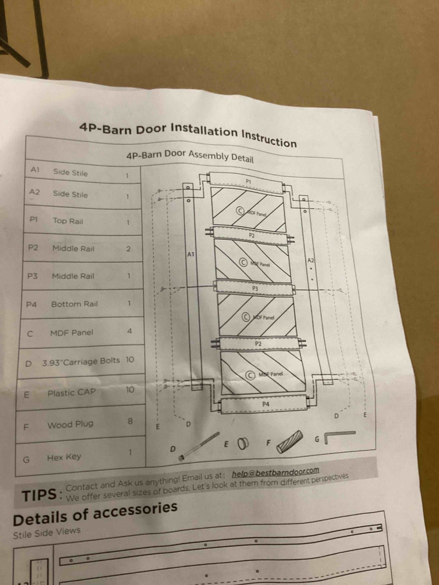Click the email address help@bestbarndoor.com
point(275,472)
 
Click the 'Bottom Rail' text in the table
point(74,304)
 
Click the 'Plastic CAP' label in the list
point(71,393)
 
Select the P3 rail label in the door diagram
point(255,289)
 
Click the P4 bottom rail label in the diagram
point(266,404)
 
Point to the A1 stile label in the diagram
point(190,255)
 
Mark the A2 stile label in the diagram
point(310,260)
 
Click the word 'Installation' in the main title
point(204,131)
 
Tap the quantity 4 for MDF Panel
point(129,331)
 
